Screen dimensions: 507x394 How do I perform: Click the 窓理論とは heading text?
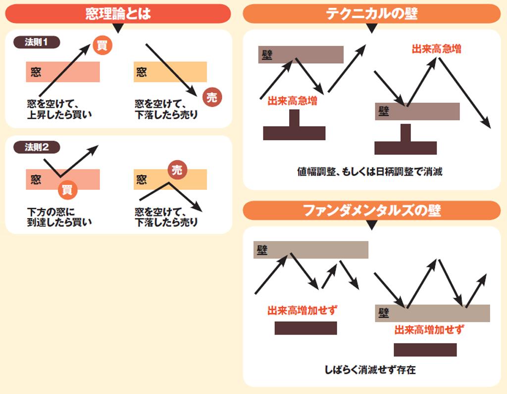click(x=118, y=13)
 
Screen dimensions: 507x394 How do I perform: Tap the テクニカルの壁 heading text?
click(x=371, y=13)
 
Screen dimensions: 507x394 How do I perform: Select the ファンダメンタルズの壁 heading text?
click(x=371, y=210)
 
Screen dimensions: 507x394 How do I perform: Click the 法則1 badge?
click(x=37, y=42)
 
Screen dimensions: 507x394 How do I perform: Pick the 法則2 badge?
click(x=37, y=147)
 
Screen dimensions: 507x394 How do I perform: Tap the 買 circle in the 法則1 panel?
click(x=102, y=45)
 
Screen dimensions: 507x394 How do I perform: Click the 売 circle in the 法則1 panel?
click(x=212, y=97)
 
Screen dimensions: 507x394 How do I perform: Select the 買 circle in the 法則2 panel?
click(x=67, y=190)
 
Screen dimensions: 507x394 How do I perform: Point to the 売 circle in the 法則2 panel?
click(x=177, y=170)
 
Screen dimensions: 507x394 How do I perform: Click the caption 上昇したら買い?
click(x=59, y=115)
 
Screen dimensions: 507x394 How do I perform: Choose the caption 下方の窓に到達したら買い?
click(x=59, y=217)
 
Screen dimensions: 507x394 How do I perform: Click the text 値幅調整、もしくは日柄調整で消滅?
click(x=369, y=172)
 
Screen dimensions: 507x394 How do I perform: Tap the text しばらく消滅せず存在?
click(x=370, y=369)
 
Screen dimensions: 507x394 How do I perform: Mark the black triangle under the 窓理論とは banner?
click(x=118, y=28)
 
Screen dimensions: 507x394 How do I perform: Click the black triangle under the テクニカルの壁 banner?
click(x=372, y=28)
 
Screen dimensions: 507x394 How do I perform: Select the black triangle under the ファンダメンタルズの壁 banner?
click(x=372, y=224)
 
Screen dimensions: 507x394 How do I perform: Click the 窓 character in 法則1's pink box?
click(x=36, y=72)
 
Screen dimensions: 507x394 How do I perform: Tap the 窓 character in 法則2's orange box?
click(x=141, y=179)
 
